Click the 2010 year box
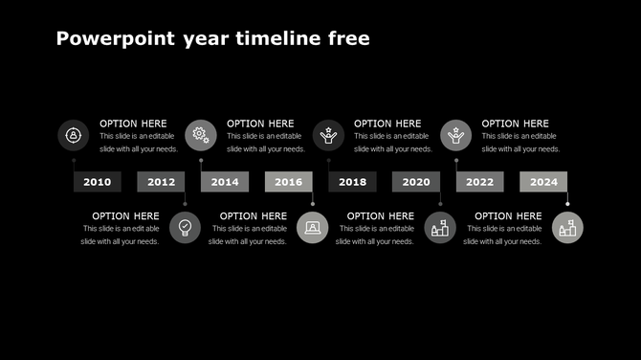(98, 182)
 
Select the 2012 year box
(161, 182)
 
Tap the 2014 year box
(225, 182)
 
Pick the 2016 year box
(289, 182)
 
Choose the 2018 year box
(352, 182)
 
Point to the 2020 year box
(416, 182)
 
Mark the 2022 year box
(480, 182)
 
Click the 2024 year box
(543, 182)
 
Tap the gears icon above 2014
(201, 135)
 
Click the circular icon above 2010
(73, 135)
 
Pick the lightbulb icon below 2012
(186, 228)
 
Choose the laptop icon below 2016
(313, 228)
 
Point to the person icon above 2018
(328, 135)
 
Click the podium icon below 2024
(567, 228)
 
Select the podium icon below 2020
(440, 228)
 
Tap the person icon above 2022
(456, 135)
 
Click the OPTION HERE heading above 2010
(133, 124)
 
